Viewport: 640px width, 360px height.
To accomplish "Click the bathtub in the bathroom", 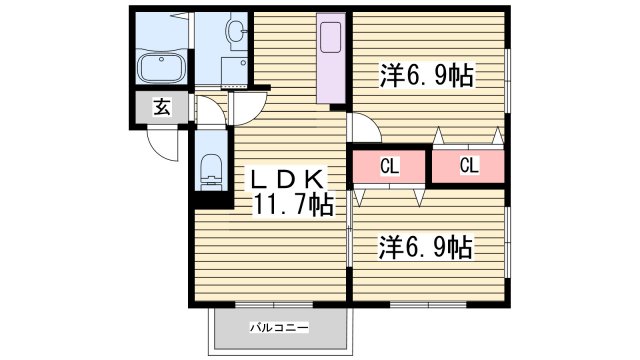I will pyautogui.click(x=161, y=69).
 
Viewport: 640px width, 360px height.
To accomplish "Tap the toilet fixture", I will pyautogui.click(x=211, y=169).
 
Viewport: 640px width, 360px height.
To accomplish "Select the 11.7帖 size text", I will pyautogui.click(x=292, y=205).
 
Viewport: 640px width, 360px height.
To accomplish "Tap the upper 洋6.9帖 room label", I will pyautogui.click(x=425, y=74).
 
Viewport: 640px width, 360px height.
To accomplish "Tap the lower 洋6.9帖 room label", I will pyautogui.click(x=425, y=245).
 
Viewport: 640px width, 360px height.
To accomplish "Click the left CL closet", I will pyautogui.click(x=389, y=166).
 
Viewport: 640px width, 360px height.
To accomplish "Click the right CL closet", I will pyautogui.click(x=468, y=166).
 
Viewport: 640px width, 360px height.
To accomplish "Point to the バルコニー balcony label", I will pyautogui.click(x=279, y=327).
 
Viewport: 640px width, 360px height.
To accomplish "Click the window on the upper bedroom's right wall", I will pyautogui.click(x=507, y=75).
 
